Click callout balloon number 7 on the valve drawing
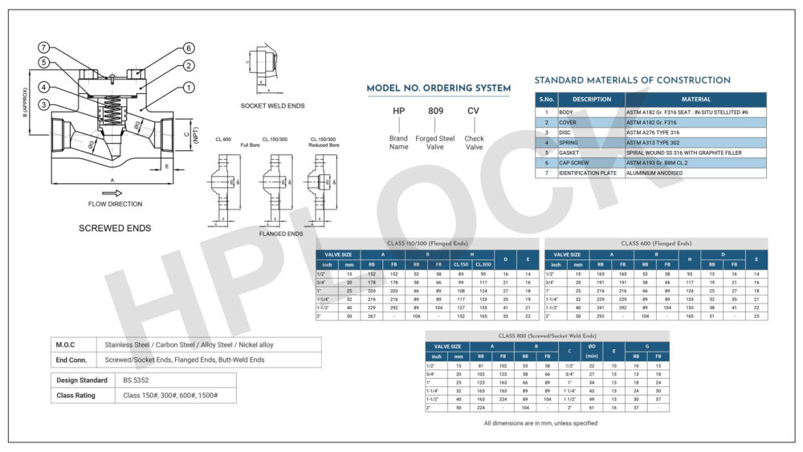point(45,47)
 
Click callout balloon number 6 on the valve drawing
point(188,47)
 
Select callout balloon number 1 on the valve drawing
point(188,87)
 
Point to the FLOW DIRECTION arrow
point(113,193)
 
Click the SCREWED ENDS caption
point(115,228)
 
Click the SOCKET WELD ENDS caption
point(272,106)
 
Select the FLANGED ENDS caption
point(281,234)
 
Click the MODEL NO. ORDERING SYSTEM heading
point(438,88)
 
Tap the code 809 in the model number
point(435,111)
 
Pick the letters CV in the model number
point(474,111)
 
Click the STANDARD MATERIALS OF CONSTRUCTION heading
point(632,80)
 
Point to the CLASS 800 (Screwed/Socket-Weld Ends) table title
point(546,336)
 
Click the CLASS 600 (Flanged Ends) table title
point(655,243)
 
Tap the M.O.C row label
point(66,344)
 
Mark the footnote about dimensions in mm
point(540,423)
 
